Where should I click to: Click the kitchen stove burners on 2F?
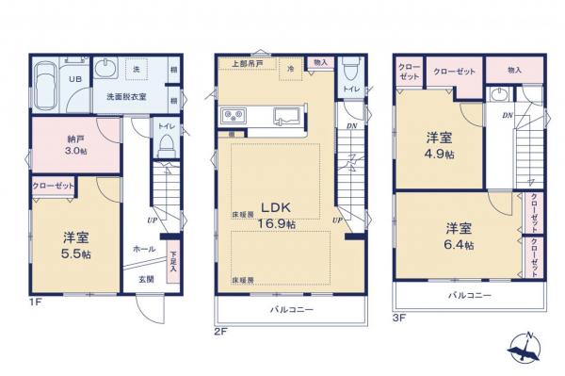(234, 116)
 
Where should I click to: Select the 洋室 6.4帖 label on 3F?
(459, 236)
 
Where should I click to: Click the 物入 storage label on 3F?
(514, 70)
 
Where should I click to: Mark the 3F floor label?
(399, 319)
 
